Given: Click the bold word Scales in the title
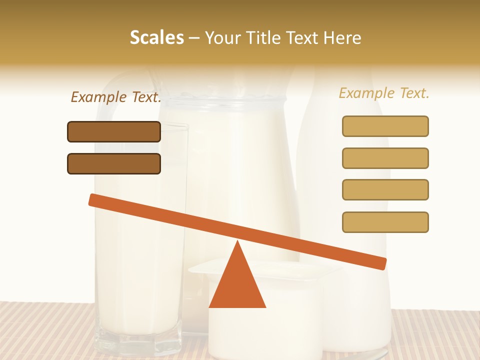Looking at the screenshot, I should click(156, 37).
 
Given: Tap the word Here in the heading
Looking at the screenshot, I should click(342, 37).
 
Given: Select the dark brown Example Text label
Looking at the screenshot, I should click(116, 97).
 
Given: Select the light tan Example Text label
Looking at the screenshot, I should click(384, 93).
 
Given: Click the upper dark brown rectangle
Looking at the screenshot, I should click(114, 132).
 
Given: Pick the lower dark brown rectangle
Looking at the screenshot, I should click(114, 163).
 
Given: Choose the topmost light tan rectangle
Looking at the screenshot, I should click(385, 126).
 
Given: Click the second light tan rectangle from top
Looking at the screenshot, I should click(385, 158).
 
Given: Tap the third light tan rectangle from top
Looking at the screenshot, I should click(385, 190).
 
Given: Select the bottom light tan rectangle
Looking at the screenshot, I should click(385, 222).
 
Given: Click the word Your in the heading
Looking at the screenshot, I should click(223, 37).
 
